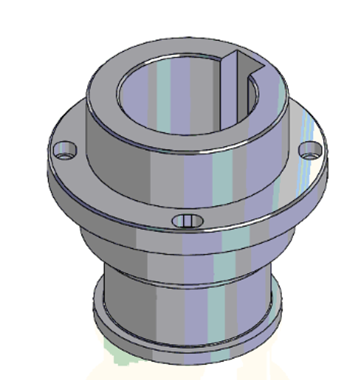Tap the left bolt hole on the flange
coord(64,150)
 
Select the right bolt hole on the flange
coord(309,150)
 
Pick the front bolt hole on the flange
coord(188,220)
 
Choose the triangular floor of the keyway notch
coord(250,63)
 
